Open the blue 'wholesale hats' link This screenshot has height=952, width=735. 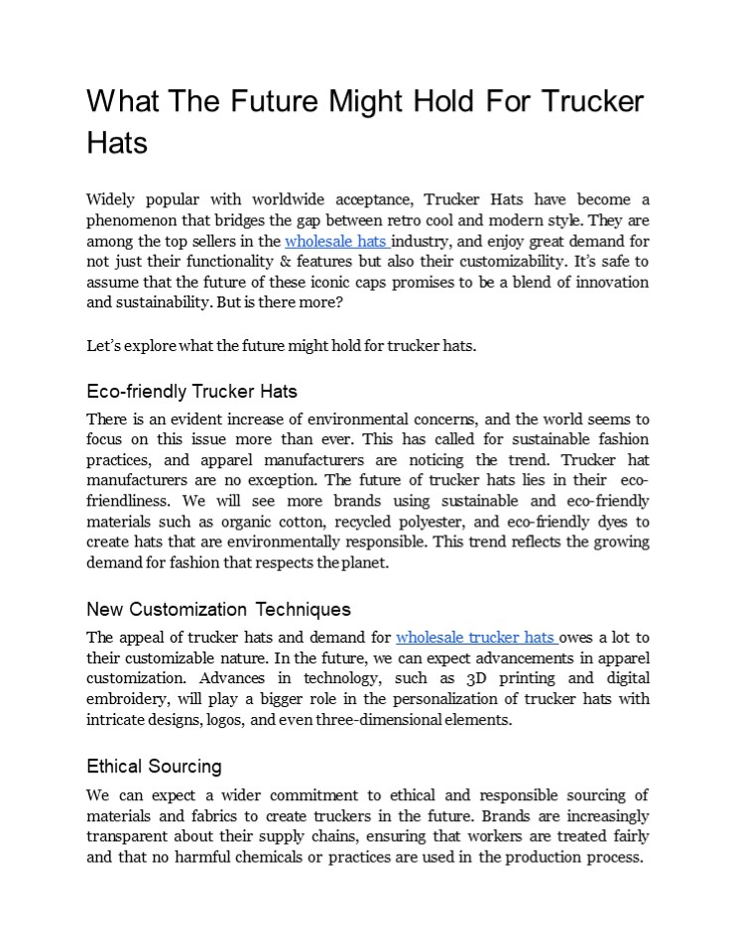click(x=335, y=241)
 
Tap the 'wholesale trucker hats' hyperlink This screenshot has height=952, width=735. click(x=475, y=638)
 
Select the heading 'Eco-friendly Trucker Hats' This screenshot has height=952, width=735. click(x=191, y=391)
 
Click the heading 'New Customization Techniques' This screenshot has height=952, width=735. click(x=218, y=608)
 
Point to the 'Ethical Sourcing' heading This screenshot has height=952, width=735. click(x=154, y=767)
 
